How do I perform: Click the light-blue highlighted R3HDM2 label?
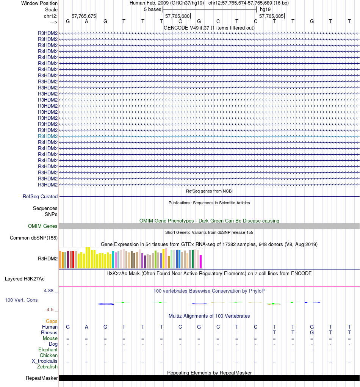(x=48, y=136)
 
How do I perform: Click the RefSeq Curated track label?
(x=40, y=196)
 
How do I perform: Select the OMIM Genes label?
(x=43, y=226)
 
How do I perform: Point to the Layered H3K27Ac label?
(x=25, y=279)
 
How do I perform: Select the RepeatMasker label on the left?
(x=42, y=378)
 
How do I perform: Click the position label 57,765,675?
(x=84, y=16)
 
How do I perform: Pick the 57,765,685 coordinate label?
(x=271, y=16)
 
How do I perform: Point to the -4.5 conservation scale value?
(x=50, y=309)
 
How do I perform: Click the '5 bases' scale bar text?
(x=152, y=9)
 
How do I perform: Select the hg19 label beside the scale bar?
(x=265, y=9)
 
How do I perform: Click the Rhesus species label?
(x=49, y=332)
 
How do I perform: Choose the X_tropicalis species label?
(x=45, y=361)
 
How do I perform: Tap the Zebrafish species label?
(x=47, y=367)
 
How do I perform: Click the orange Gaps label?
(x=52, y=321)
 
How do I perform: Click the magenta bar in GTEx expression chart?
(x=201, y=261)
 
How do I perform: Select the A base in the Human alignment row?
(x=86, y=327)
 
